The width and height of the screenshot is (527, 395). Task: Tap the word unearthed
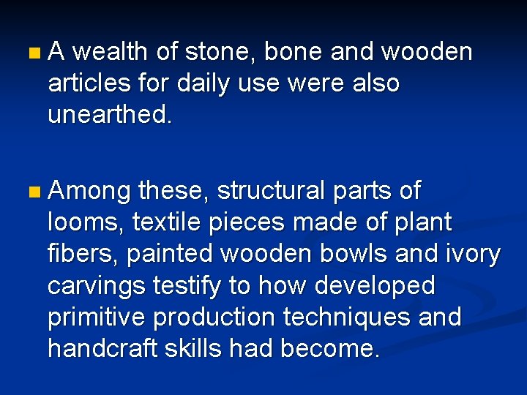[110, 115]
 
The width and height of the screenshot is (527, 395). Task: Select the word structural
[270, 192]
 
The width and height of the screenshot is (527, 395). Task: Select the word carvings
[96, 285]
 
